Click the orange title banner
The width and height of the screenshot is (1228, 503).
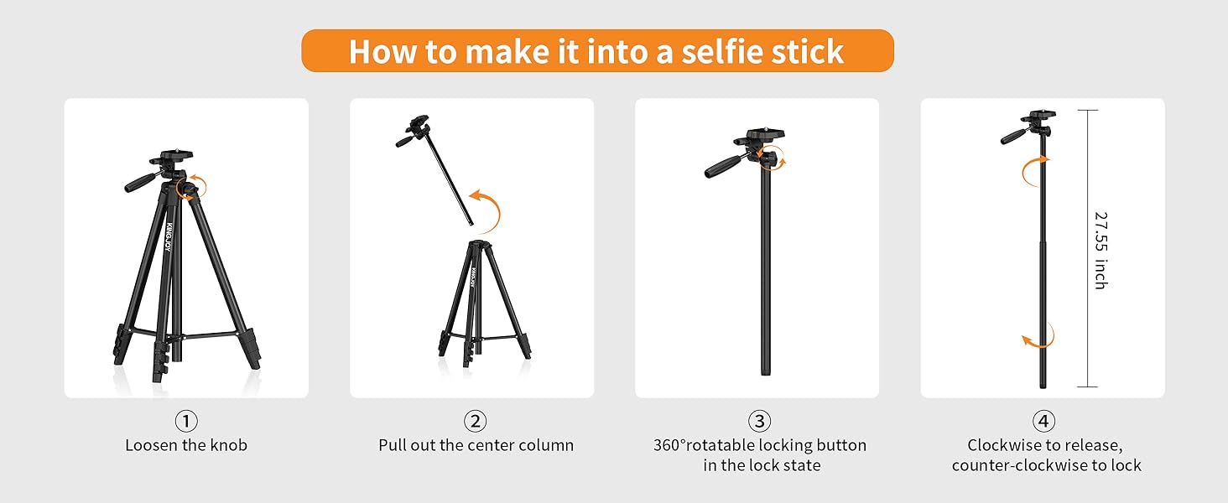(x=597, y=50)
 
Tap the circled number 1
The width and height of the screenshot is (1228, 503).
(x=186, y=421)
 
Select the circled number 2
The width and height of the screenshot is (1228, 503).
(x=475, y=421)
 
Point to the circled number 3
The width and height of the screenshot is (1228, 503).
(x=759, y=421)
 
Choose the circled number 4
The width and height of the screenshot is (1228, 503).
(x=1043, y=421)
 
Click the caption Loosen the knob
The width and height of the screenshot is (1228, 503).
(x=186, y=445)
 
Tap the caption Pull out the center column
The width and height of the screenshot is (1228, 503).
(x=476, y=445)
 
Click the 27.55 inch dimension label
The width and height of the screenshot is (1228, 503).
(x=1101, y=250)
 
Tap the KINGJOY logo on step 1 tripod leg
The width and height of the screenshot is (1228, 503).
(x=169, y=236)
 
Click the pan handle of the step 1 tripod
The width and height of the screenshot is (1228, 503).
(x=141, y=183)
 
